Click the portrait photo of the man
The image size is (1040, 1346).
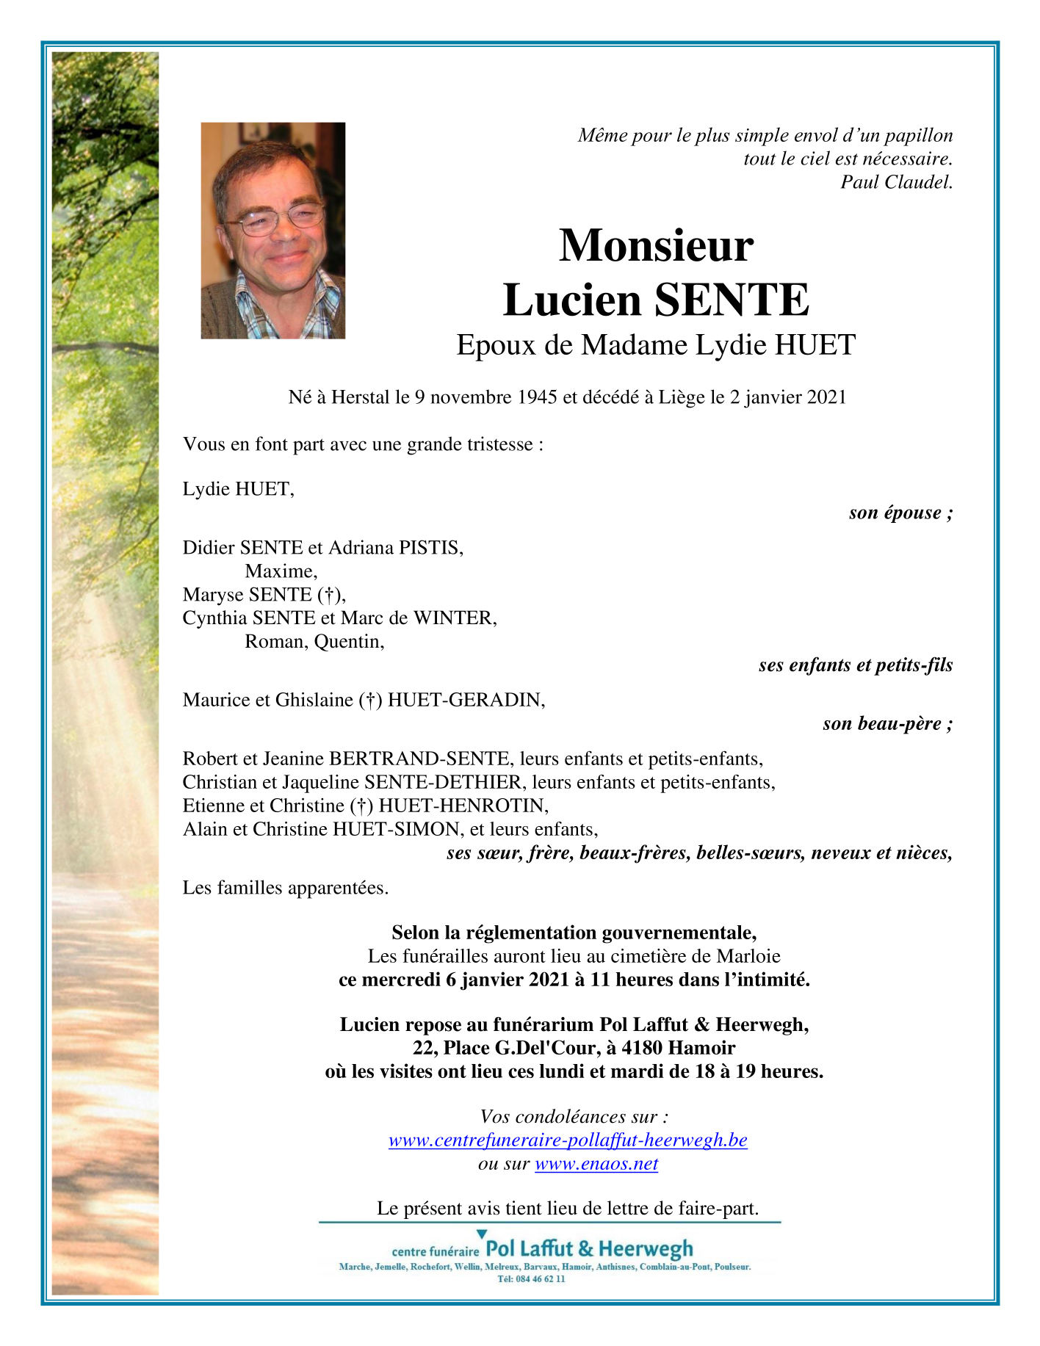pos(272,230)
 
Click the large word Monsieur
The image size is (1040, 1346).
pos(656,245)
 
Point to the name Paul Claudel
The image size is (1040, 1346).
pos(896,182)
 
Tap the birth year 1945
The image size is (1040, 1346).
pos(538,397)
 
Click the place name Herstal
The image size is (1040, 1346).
pos(360,397)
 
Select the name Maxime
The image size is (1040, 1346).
pos(281,571)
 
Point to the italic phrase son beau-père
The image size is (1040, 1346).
pos(886,724)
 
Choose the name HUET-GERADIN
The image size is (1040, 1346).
pos(466,700)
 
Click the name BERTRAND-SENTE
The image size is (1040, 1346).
pos(419,759)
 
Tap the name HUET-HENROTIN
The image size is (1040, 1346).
pos(463,806)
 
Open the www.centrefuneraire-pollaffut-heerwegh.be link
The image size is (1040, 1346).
pos(568,1140)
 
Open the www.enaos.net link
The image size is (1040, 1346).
pos(596,1164)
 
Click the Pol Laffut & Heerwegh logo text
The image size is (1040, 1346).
pos(589,1248)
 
